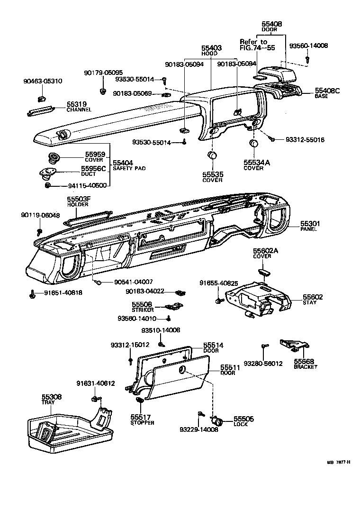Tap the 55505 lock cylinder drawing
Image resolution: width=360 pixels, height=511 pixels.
pyautogui.click(x=218, y=420)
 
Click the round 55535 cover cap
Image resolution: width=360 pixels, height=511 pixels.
pyautogui.click(x=212, y=155)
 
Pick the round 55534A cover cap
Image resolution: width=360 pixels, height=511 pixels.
pyautogui.click(x=254, y=144)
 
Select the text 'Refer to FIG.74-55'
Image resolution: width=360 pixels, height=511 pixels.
pyautogui.click(x=257, y=45)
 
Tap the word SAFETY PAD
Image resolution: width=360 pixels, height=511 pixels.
pyautogui.click(x=129, y=168)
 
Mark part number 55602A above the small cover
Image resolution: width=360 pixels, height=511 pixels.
pyautogui.click(x=265, y=251)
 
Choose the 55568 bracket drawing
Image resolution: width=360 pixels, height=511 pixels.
pyautogui.click(x=291, y=346)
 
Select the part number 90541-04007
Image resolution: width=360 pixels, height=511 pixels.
pyautogui.click(x=131, y=282)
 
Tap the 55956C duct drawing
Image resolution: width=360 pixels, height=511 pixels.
pyautogui.click(x=47, y=173)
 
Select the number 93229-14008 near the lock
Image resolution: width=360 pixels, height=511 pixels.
pyautogui.click(x=198, y=430)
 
